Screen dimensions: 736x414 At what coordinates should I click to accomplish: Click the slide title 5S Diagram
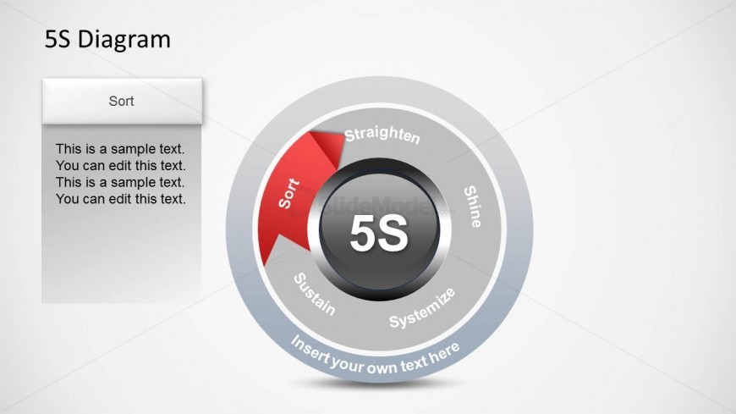[x=107, y=39]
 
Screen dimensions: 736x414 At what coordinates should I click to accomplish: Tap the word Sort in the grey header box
[x=121, y=101]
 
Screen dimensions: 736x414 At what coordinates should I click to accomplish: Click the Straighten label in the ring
[x=382, y=135]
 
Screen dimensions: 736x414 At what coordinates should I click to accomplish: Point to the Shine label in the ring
[x=472, y=207]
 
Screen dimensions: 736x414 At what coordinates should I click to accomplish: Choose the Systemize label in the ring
[x=422, y=308]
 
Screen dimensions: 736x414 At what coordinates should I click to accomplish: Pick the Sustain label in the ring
[x=314, y=295]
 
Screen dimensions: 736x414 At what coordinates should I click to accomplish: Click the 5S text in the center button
[x=379, y=233]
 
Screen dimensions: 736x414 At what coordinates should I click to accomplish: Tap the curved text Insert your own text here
[x=375, y=358]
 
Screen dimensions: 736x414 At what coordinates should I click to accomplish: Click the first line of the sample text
[x=120, y=149]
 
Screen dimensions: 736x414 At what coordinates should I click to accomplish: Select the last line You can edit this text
[x=121, y=199]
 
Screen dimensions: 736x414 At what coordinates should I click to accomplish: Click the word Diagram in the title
[x=124, y=40]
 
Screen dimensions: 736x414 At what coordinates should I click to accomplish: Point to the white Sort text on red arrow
[x=288, y=193]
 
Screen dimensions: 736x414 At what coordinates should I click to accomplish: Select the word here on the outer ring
[x=444, y=353]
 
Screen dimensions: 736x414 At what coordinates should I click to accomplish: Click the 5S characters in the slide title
[x=58, y=40]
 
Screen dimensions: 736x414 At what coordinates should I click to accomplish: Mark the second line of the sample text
[x=121, y=166]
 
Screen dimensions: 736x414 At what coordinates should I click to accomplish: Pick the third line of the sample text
[x=120, y=182]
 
